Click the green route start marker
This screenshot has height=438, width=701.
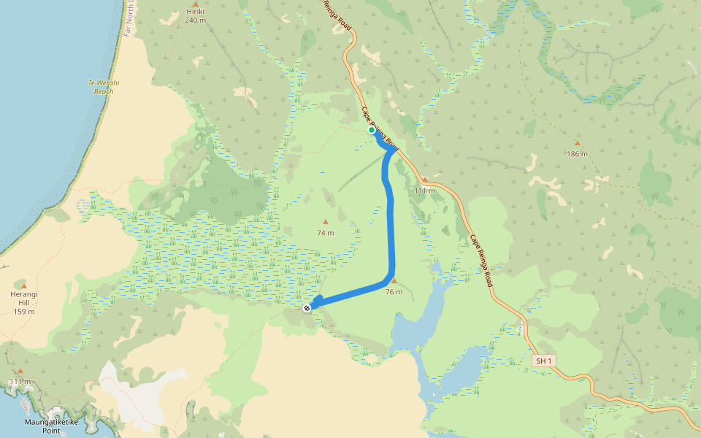[372, 131]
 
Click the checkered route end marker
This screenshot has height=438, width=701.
[307, 308]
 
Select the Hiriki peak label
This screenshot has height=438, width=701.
[195, 12]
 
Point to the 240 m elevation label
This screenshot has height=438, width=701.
[195, 20]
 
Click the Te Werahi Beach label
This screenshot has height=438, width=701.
[104, 87]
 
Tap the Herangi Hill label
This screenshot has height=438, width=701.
[24, 299]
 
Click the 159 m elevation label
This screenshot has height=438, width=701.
[24, 312]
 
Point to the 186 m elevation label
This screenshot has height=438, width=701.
[577, 154]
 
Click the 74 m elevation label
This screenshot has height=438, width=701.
[326, 233]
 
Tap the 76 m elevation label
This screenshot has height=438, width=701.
[394, 292]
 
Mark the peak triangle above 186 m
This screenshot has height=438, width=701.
[577, 143]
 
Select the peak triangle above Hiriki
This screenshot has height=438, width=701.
[195, 4]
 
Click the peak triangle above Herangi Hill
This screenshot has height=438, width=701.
[24, 285]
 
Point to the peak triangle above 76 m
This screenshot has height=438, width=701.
[394, 281]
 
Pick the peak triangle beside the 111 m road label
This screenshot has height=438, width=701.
[425, 179]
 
